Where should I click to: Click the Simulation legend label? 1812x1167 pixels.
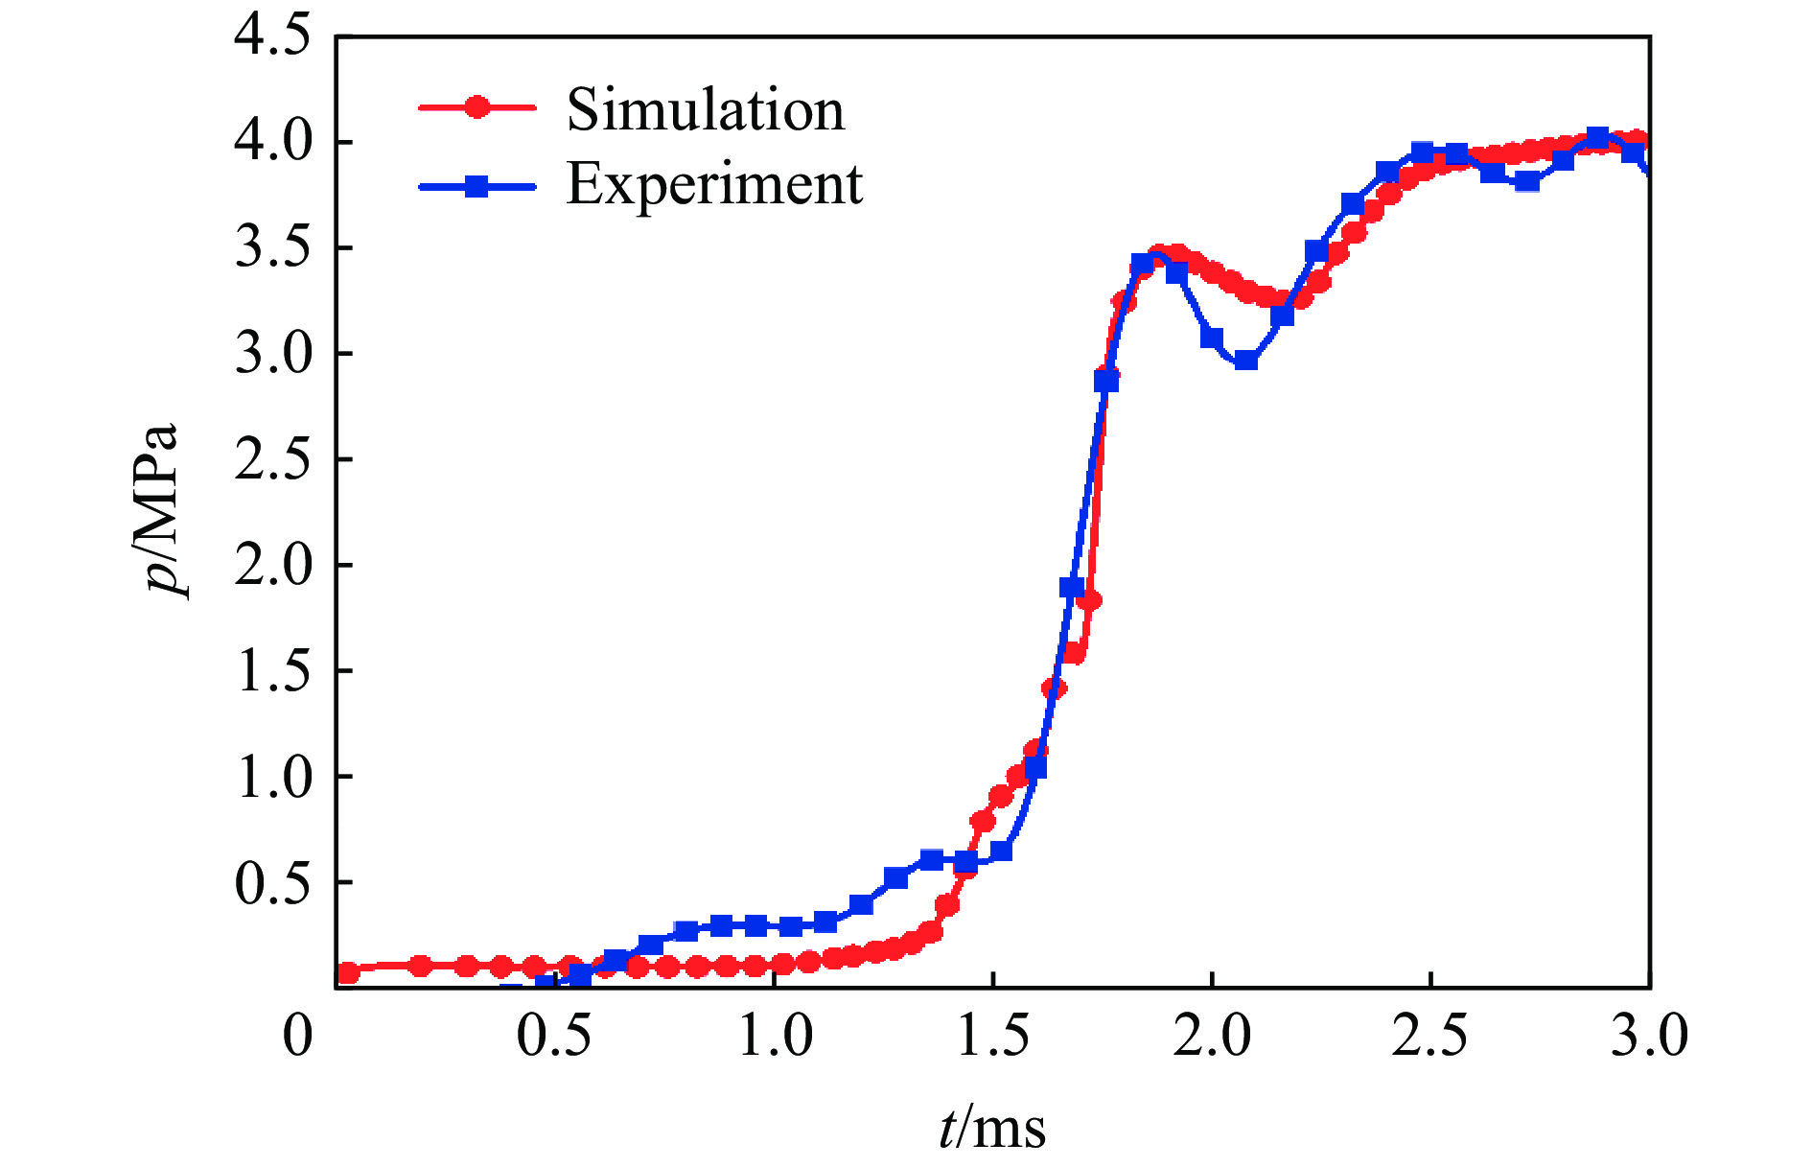706,109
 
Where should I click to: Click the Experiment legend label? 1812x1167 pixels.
714,183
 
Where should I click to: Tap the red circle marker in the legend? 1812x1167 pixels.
476,107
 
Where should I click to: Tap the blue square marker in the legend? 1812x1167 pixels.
476,186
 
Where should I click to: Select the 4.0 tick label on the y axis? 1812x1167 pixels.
273,142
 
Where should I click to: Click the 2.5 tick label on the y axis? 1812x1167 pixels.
273,459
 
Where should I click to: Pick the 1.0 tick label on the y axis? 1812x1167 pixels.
273,776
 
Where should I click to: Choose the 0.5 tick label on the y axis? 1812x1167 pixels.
273,882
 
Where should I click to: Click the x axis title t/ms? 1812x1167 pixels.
992,1127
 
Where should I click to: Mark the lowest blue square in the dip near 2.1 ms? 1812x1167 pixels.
1246,361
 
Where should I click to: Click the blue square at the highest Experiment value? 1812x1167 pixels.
1597,137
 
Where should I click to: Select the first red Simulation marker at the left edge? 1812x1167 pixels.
349,972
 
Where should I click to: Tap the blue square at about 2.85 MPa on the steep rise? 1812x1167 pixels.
1106,381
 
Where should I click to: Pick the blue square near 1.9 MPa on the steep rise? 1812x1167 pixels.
1072,587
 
